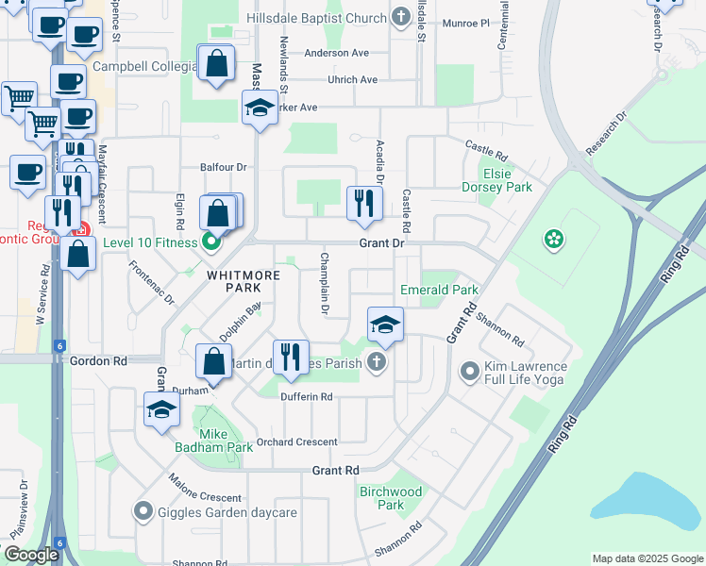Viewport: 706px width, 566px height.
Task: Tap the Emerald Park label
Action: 439,290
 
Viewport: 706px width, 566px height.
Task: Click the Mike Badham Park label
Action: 213,441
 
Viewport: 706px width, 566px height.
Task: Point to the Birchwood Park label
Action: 391,498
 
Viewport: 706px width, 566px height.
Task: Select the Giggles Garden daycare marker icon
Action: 143,512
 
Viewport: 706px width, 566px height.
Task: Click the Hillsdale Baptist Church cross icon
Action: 401,18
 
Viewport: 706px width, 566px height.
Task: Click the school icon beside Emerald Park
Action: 385,325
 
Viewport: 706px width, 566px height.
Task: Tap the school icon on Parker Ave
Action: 260,108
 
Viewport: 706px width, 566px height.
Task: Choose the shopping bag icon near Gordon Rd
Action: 214,361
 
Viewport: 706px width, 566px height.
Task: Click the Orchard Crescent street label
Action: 295,441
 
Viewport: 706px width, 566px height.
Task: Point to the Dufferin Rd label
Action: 306,397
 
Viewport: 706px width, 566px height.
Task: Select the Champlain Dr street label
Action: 324,283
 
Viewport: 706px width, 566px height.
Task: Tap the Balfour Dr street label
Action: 223,167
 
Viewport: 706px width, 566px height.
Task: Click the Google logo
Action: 31,555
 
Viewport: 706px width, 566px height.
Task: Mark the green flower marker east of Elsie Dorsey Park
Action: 553,241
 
